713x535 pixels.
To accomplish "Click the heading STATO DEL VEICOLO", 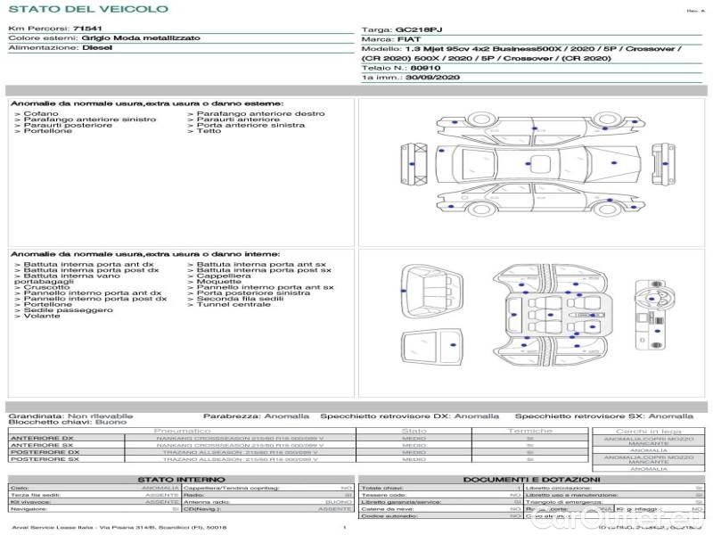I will [87, 9].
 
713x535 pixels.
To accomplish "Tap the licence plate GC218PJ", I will [417, 29].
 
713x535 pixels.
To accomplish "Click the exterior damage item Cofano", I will [41, 114].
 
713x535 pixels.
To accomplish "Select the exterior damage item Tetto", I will [209, 131].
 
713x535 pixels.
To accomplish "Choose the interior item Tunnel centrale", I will [233, 304].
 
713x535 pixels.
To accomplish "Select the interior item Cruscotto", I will [45, 287].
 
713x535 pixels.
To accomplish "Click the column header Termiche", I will [530, 431].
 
